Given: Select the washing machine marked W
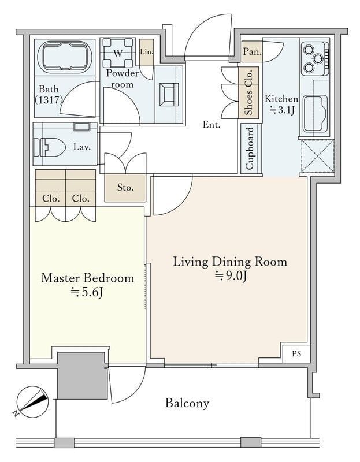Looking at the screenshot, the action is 118,53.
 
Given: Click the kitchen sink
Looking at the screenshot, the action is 316,114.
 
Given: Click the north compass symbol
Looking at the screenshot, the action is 32,402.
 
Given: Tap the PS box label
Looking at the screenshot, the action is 296,353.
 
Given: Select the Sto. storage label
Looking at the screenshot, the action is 125,187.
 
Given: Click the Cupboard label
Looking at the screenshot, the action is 250,148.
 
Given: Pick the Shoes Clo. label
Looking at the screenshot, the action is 248,92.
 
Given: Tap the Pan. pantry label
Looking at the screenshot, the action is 252,52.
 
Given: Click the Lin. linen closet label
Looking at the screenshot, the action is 147,52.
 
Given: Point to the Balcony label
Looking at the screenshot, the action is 187,403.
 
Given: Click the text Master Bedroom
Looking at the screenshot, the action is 88,278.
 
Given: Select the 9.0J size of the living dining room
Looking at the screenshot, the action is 231,277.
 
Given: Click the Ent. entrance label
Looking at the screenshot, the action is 211,125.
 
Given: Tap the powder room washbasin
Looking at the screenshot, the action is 169,95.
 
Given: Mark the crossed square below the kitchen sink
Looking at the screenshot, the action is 318,156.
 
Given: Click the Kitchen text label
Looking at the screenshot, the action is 281,99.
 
